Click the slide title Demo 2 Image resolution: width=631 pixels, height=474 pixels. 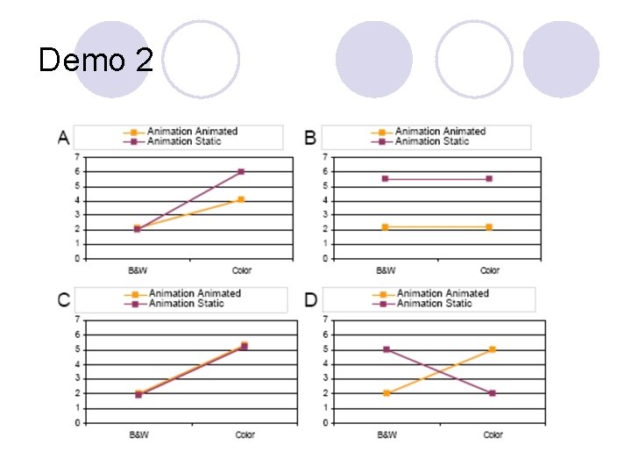click(96, 60)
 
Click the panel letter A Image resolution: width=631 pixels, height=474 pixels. click(64, 137)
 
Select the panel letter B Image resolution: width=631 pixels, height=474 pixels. click(310, 137)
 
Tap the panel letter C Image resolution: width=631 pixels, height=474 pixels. click(64, 299)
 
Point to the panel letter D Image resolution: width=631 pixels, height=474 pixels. click(311, 299)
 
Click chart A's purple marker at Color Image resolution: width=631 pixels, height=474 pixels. click(241, 171)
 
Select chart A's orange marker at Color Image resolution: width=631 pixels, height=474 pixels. click(241, 199)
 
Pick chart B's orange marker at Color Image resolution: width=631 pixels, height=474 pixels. click(489, 226)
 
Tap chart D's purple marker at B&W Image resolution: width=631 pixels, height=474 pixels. click(386, 349)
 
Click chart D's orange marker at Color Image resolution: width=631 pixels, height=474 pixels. click(493, 349)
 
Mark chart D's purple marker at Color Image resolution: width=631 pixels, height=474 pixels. click(493, 393)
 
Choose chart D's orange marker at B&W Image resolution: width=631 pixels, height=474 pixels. click(386, 393)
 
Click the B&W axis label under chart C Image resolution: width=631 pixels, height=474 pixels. click(138, 435)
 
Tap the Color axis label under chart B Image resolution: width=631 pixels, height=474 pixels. click(489, 271)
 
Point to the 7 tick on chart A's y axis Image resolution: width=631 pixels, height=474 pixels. click(78, 157)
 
